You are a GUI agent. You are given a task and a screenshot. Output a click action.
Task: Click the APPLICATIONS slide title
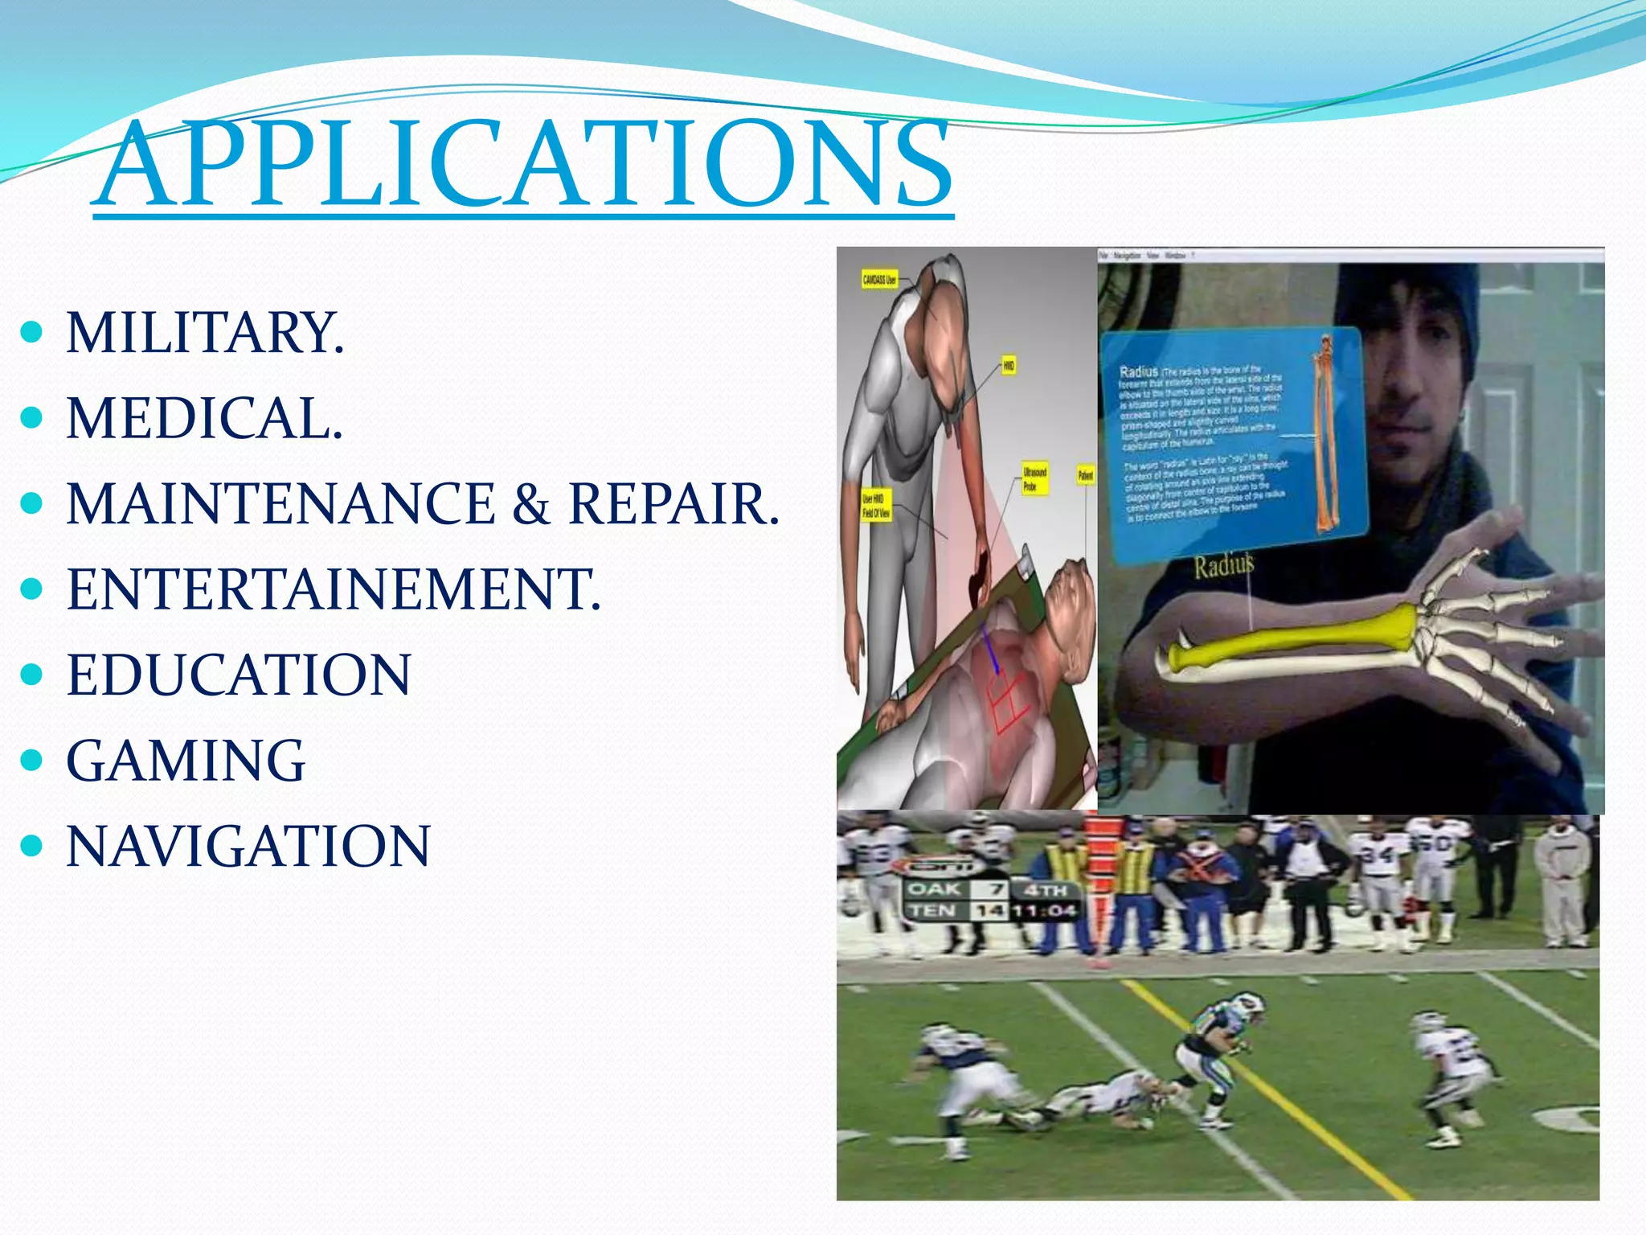(522, 165)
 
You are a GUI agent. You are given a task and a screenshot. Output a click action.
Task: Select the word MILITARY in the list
(204, 333)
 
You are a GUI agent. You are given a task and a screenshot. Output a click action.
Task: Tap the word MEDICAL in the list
(204, 418)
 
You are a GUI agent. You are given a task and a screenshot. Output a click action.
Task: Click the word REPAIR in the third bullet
(674, 504)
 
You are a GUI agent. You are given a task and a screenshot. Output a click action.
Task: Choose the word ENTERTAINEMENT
(333, 589)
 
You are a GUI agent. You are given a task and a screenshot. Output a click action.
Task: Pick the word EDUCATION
(239, 675)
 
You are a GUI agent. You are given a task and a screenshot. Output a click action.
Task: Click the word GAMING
(186, 761)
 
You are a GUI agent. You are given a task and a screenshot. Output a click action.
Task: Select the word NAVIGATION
(248, 846)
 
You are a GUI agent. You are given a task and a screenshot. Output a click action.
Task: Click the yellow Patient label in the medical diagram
(1085, 475)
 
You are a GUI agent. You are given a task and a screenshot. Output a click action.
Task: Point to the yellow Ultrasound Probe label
(1034, 478)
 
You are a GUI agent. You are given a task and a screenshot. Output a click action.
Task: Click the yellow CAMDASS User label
(879, 280)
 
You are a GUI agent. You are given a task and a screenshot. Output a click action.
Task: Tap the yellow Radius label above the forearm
(1222, 566)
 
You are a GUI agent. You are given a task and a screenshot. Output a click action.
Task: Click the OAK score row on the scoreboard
(956, 889)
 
